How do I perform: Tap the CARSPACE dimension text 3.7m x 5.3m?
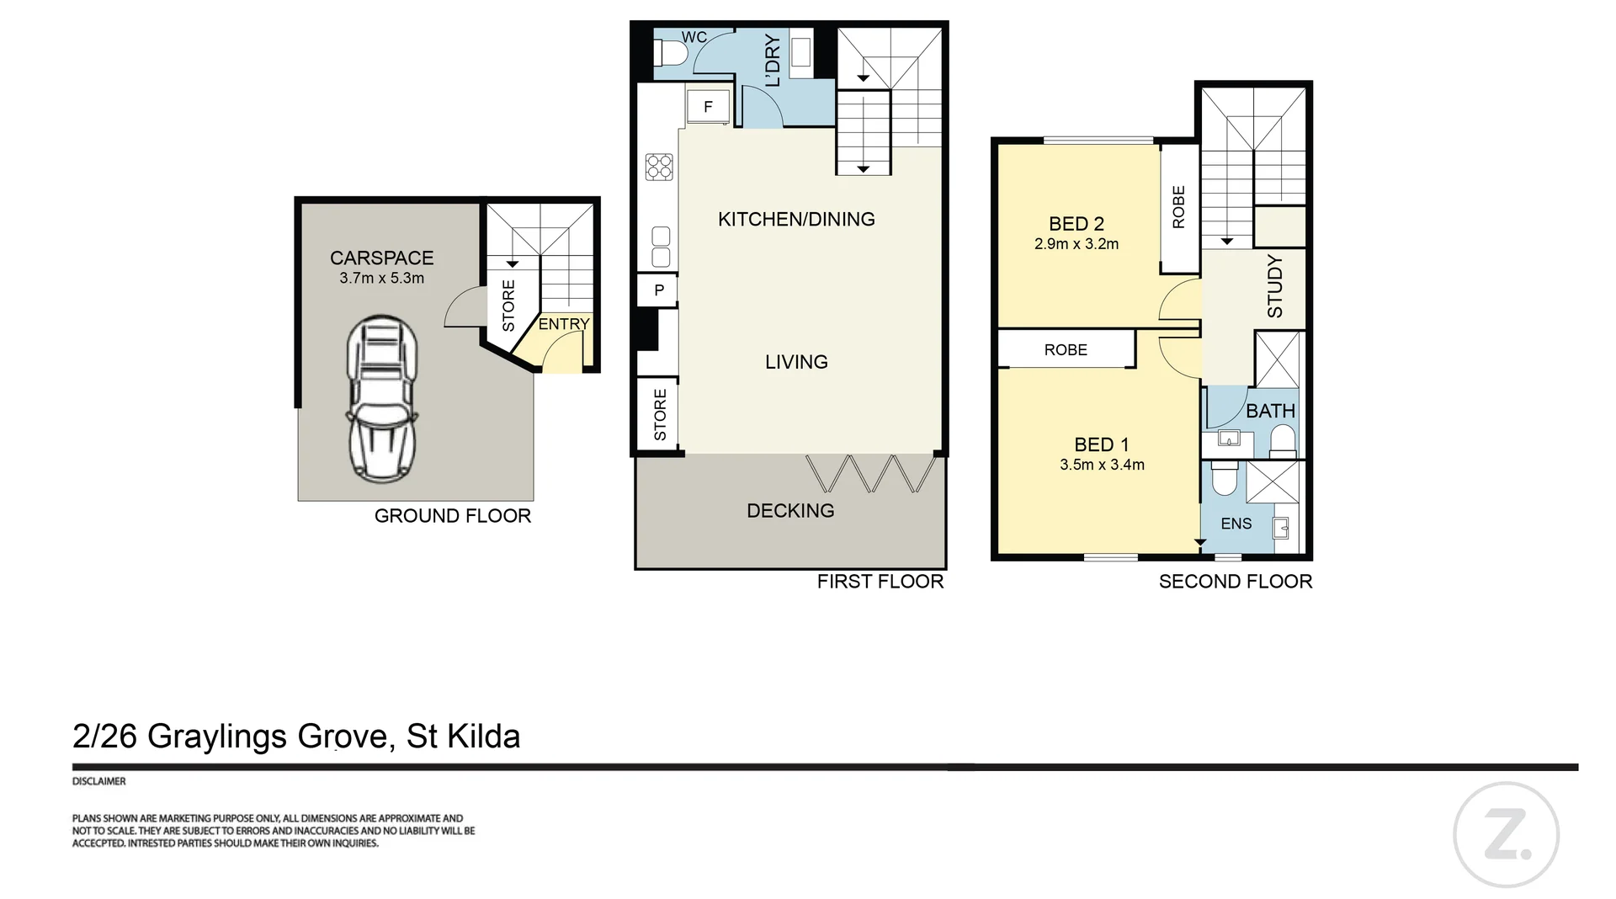pos(381,278)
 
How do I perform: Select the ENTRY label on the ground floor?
pos(564,324)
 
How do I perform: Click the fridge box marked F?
pos(708,107)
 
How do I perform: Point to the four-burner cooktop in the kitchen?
pos(659,167)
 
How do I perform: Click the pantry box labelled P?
pos(659,290)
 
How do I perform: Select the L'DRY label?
pos(773,61)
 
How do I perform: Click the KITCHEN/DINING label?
pos(796,219)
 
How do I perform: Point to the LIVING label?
pos(796,362)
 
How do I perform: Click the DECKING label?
pos(790,510)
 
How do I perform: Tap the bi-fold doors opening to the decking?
pos(871,474)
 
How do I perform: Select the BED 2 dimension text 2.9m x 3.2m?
pos(1076,244)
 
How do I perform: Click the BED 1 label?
pos(1102,444)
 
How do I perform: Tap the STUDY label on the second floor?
pos(1275,286)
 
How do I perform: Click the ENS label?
pos(1236,524)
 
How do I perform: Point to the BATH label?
pos(1270,411)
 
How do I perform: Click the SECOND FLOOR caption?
pos(1235,581)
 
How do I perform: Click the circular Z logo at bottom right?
pos(1506,835)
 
